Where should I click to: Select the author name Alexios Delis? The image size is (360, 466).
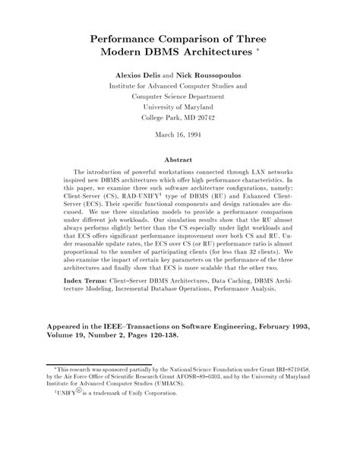coord(139,77)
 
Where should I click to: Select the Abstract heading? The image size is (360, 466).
coord(180,160)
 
